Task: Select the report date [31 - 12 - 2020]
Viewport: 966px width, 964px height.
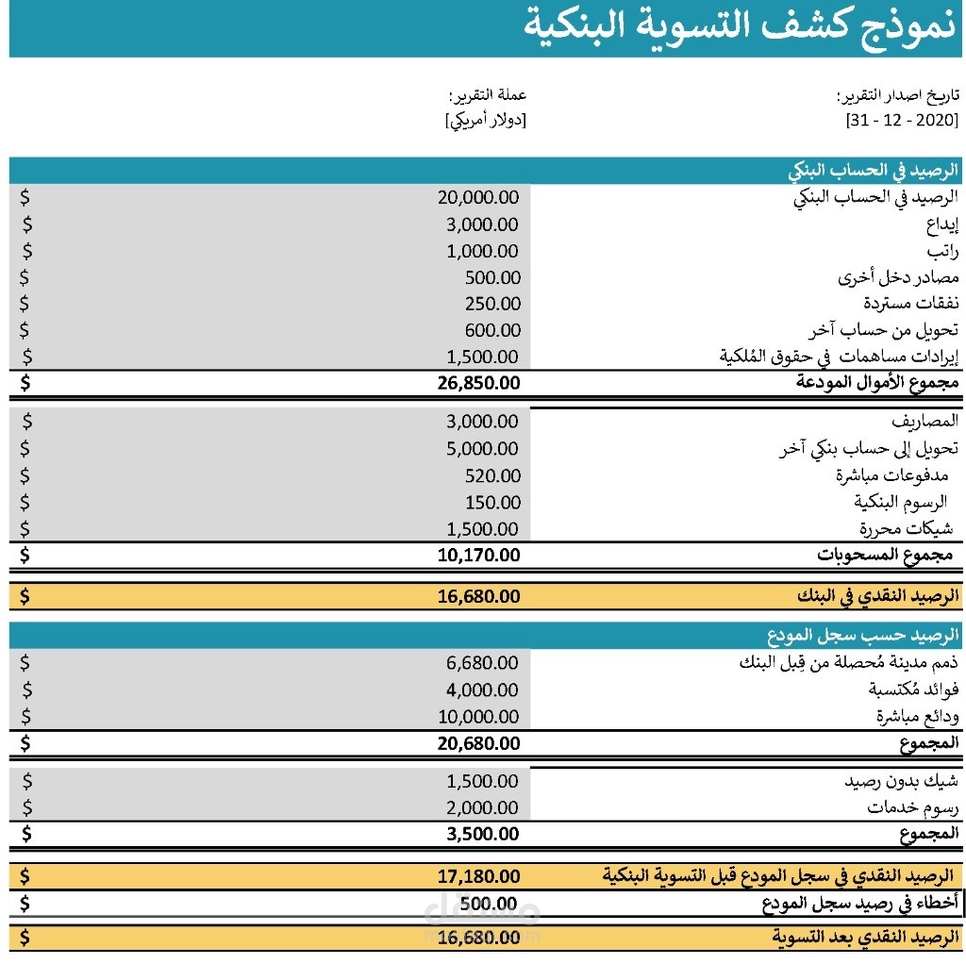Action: pyautogui.click(x=902, y=122)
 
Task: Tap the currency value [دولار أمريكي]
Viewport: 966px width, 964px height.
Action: pyautogui.click(x=485, y=121)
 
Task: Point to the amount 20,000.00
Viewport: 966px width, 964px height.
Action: pyautogui.click(x=478, y=197)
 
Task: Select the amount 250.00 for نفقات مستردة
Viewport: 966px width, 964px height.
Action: pyautogui.click(x=492, y=304)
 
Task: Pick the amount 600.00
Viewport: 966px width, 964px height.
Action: pyautogui.click(x=492, y=330)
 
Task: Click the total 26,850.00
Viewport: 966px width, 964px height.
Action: pyautogui.click(x=478, y=383)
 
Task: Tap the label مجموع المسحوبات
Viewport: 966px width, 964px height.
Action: pyautogui.click(x=887, y=555)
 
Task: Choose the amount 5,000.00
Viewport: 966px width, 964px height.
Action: pyautogui.click(x=482, y=449)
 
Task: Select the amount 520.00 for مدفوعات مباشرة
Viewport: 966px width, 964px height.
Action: pyautogui.click(x=492, y=475)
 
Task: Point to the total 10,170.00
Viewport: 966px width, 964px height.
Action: pyautogui.click(x=478, y=555)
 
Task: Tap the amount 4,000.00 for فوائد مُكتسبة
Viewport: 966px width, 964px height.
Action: pyautogui.click(x=482, y=690)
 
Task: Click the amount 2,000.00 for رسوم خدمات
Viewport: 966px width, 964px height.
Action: pyautogui.click(x=482, y=808)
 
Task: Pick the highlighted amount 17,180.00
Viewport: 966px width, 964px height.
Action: pyautogui.click(x=478, y=876)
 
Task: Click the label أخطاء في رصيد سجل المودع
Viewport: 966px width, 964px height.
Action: pyautogui.click(x=860, y=904)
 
